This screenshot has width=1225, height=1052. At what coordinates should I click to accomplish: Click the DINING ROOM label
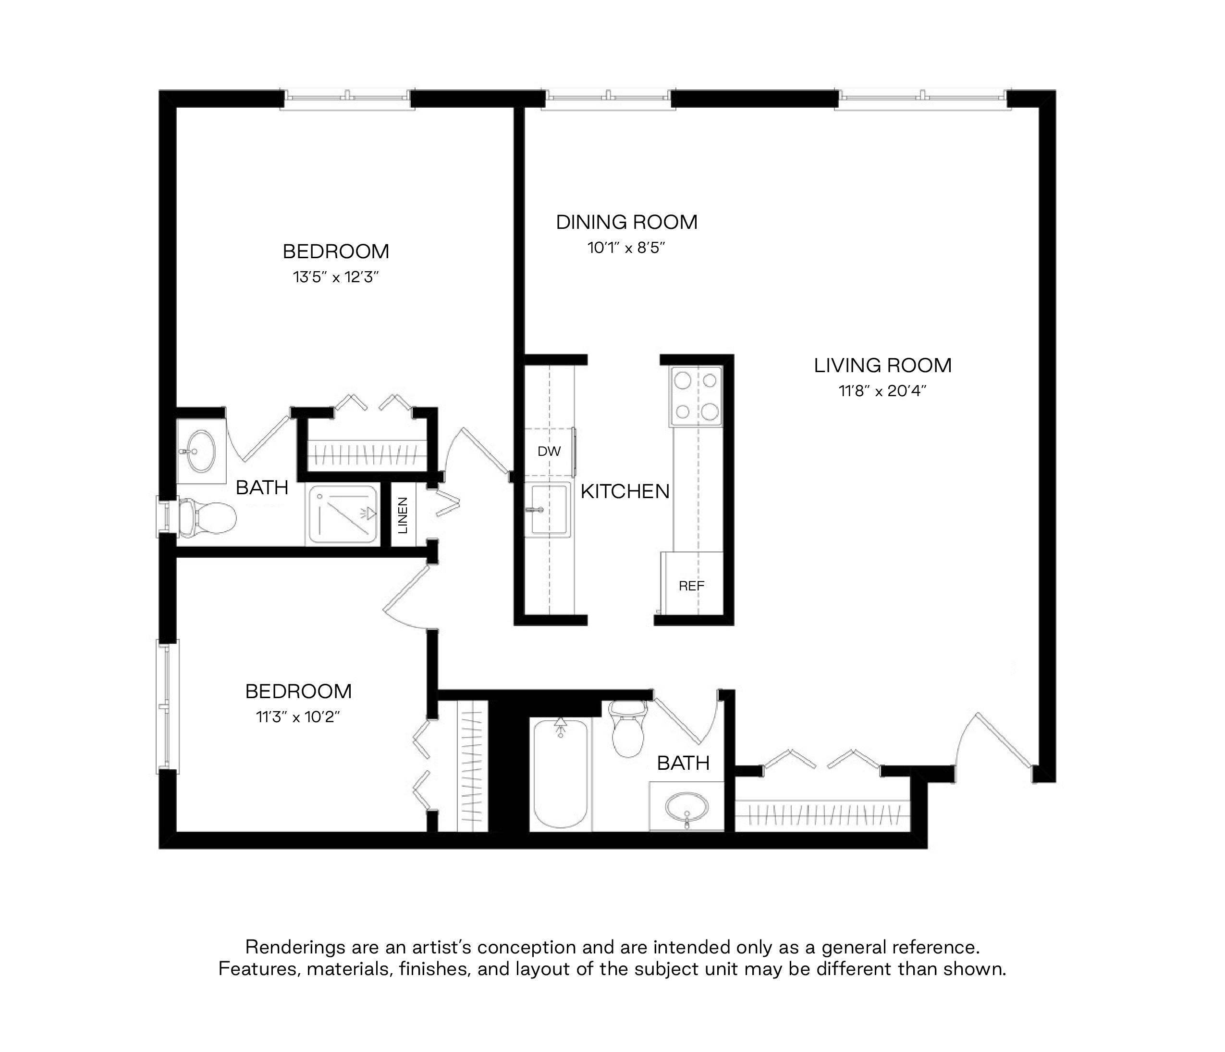[x=627, y=223]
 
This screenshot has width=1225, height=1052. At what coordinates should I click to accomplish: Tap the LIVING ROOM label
[x=882, y=366]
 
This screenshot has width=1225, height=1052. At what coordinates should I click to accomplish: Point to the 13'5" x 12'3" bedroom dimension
[x=335, y=277]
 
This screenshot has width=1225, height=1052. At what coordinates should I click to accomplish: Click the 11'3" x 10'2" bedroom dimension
[x=298, y=717]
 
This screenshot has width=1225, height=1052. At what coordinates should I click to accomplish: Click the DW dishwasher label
[x=549, y=451]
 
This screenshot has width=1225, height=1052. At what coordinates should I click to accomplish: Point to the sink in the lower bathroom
[x=686, y=806]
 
